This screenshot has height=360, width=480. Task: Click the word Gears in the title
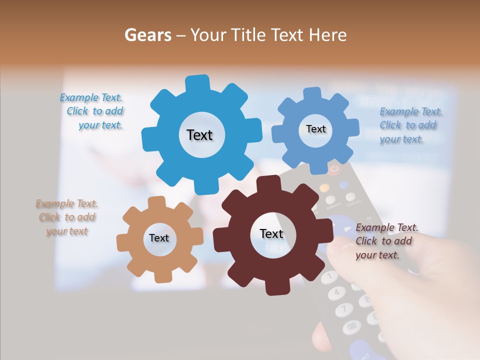pyautogui.click(x=147, y=35)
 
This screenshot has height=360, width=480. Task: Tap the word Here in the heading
pyautogui.click(x=327, y=35)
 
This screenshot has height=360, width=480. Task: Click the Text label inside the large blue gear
pyautogui.click(x=199, y=135)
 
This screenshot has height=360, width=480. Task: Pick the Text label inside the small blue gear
pyautogui.click(x=315, y=129)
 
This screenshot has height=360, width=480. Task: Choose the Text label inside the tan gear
pyautogui.click(x=159, y=238)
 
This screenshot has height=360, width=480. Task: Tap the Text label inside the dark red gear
pyautogui.click(x=271, y=233)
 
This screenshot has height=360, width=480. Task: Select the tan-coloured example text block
pyautogui.click(x=67, y=217)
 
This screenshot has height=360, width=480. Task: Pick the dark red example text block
pyautogui.click(x=386, y=241)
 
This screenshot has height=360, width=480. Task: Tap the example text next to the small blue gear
pyautogui.click(x=410, y=125)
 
